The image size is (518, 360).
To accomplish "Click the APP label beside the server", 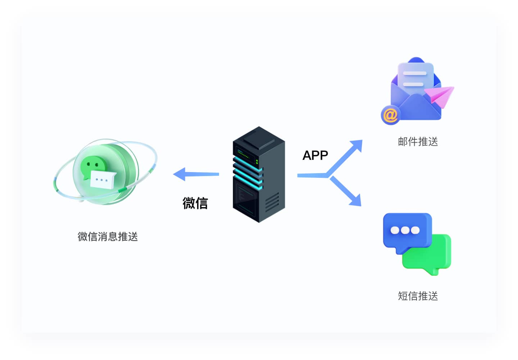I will [x=315, y=155].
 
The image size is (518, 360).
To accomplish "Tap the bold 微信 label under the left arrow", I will [x=195, y=203].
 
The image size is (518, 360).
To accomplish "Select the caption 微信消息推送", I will [x=108, y=237].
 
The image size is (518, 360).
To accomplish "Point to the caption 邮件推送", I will [x=418, y=141].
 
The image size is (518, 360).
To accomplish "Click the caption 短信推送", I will [x=418, y=296].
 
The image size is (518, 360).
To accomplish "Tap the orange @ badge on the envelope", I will [x=390, y=115].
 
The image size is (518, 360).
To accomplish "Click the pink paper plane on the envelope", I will [x=440, y=95].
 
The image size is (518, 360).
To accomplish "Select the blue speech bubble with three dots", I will [x=406, y=231].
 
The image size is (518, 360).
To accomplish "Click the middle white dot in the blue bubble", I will [x=405, y=230].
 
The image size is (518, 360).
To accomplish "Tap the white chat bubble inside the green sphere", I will [x=102, y=179].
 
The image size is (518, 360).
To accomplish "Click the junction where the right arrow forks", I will [x=327, y=175].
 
